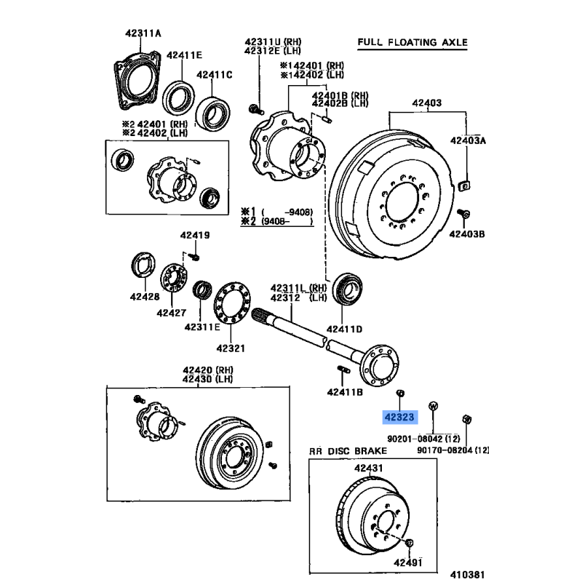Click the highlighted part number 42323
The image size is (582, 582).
pyautogui.click(x=399, y=418)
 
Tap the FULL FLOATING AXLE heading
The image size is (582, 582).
pyautogui.click(x=412, y=42)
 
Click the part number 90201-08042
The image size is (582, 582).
pyautogui.click(x=412, y=438)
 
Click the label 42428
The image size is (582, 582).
pyautogui.click(x=144, y=297)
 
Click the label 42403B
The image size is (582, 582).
pyautogui.click(x=466, y=234)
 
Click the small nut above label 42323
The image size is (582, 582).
pyautogui.click(x=399, y=394)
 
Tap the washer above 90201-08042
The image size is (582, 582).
pyautogui.click(x=432, y=405)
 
